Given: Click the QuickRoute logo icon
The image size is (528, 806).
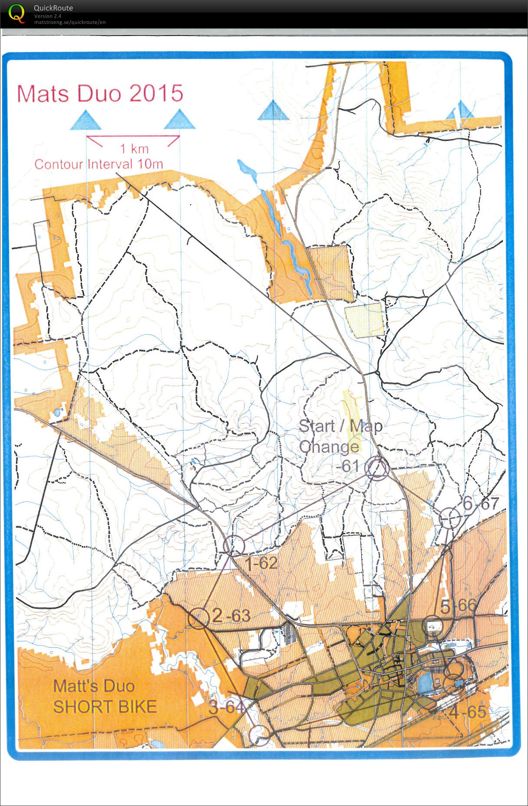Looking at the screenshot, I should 16,13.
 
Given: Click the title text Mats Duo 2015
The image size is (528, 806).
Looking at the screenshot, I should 100,94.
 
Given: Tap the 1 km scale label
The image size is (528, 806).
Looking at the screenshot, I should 134,149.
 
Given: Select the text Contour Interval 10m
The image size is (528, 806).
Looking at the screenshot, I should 98,164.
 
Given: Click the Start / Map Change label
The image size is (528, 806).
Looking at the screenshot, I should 341,436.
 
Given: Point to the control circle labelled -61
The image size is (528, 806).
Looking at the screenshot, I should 376,468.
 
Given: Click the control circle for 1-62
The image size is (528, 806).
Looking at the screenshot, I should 234,546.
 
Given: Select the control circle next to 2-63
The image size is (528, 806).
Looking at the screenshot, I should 199,618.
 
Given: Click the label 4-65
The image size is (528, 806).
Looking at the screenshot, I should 467,711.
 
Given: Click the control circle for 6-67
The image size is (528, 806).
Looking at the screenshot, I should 450,518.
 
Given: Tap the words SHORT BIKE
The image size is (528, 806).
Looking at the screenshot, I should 104,707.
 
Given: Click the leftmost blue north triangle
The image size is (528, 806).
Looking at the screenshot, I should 86,121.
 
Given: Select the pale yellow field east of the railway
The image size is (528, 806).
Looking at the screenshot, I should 364,320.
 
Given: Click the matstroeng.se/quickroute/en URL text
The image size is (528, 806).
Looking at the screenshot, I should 70,23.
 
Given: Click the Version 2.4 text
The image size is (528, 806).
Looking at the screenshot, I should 48,16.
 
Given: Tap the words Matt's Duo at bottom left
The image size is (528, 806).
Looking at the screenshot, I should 93,686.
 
